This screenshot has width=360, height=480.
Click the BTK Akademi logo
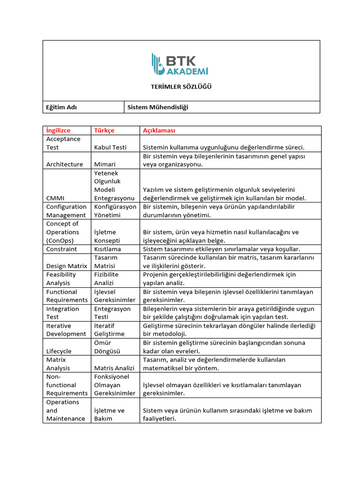click(x=180, y=64)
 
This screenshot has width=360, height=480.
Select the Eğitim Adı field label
click(x=61, y=107)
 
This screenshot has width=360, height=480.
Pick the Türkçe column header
click(x=104, y=130)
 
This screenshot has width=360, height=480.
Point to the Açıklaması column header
click(x=159, y=130)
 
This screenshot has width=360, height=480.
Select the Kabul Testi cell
click(x=110, y=147)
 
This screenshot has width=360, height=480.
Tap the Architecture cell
click(x=64, y=164)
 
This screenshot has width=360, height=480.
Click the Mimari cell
click(x=105, y=164)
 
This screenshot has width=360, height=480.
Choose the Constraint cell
click(x=61, y=249)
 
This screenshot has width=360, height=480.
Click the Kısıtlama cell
click(x=107, y=249)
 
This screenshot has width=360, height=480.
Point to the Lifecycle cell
click(x=59, y=351)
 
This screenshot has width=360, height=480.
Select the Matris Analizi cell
click(x=114, y=368)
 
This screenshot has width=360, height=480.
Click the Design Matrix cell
click(x=67, y=266)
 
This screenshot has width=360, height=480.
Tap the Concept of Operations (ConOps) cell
click(x=62, y=232)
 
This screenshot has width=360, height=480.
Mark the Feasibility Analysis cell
click(x=61, y=279)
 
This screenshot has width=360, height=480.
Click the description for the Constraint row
click(x=221, y=249)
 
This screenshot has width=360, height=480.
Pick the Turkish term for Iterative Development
click(x=109, y=330)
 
